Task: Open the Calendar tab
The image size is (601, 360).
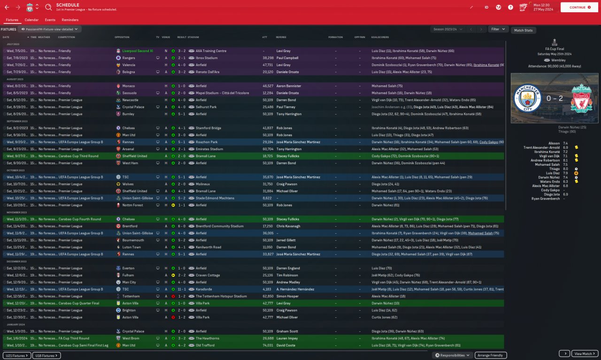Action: [31, 20]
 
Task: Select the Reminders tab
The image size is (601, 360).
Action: [70, 20]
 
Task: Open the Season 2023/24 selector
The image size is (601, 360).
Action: [447, 29]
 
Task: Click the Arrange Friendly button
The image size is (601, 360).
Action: [491, 355]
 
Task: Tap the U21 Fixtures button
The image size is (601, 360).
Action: [17, 355]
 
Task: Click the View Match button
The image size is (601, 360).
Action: [585, 353]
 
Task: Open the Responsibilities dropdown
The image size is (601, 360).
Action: [453, 355]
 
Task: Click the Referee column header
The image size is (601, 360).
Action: [281, 37]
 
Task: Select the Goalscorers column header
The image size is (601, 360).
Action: [380, 37]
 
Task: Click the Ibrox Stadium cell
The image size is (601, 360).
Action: [207, 58]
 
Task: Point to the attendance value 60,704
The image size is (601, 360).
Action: [268, 149]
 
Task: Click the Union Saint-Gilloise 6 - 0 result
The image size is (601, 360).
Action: [182, 233]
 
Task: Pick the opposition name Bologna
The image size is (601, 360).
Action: [128, 72]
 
